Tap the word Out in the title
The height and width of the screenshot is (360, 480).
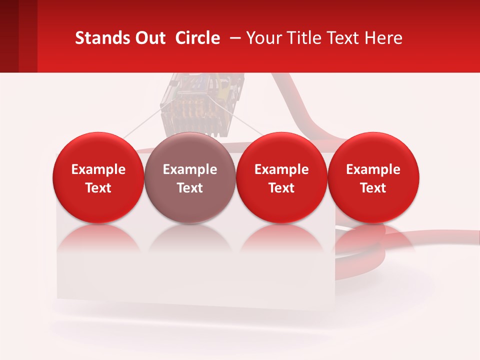click(149, 38)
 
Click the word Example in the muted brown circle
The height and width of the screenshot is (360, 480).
click(190, 169)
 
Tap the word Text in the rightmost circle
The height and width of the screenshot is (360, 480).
click(373, 188)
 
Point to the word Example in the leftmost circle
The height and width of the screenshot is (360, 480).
click(98, 169)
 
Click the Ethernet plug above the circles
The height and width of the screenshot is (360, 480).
click(202, 102)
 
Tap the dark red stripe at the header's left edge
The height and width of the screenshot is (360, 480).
click(9, 36)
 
